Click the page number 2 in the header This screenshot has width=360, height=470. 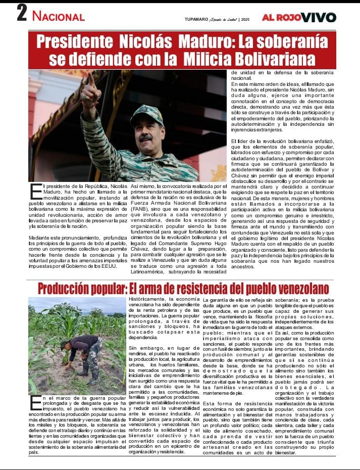[x=22, y=13]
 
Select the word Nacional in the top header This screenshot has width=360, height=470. [x=59, y=16]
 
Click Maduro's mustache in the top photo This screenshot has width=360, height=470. [x=145, y=137]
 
